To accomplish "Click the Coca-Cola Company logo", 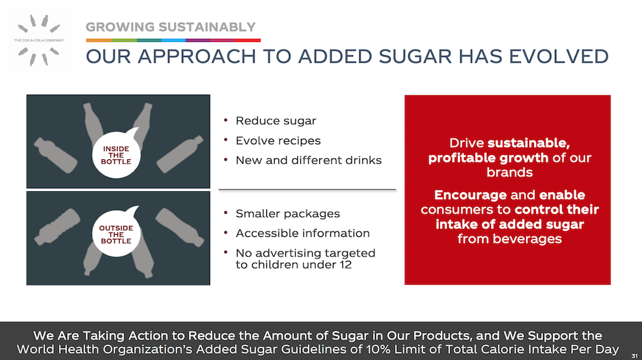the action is coord(39,40).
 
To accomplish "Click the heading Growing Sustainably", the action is coord(171,27).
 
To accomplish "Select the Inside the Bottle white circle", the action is coord(116,155).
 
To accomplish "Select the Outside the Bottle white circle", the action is coord(116,234).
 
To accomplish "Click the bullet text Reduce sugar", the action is coord(276,121).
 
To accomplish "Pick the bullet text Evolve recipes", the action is coord(278,140).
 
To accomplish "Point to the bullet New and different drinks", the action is coord(308,160).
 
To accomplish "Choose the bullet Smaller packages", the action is coord(288,213).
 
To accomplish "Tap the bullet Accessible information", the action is coord(303,233).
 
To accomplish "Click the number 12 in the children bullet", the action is coord(345,265).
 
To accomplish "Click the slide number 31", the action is coord(634,356).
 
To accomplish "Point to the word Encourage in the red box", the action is coord(470,195).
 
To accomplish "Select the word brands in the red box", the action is coord(509,172).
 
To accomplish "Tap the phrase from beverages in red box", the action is coord(509,239).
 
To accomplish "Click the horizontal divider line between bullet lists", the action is coord(307,189).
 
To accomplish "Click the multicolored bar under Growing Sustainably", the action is coord(173,40).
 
